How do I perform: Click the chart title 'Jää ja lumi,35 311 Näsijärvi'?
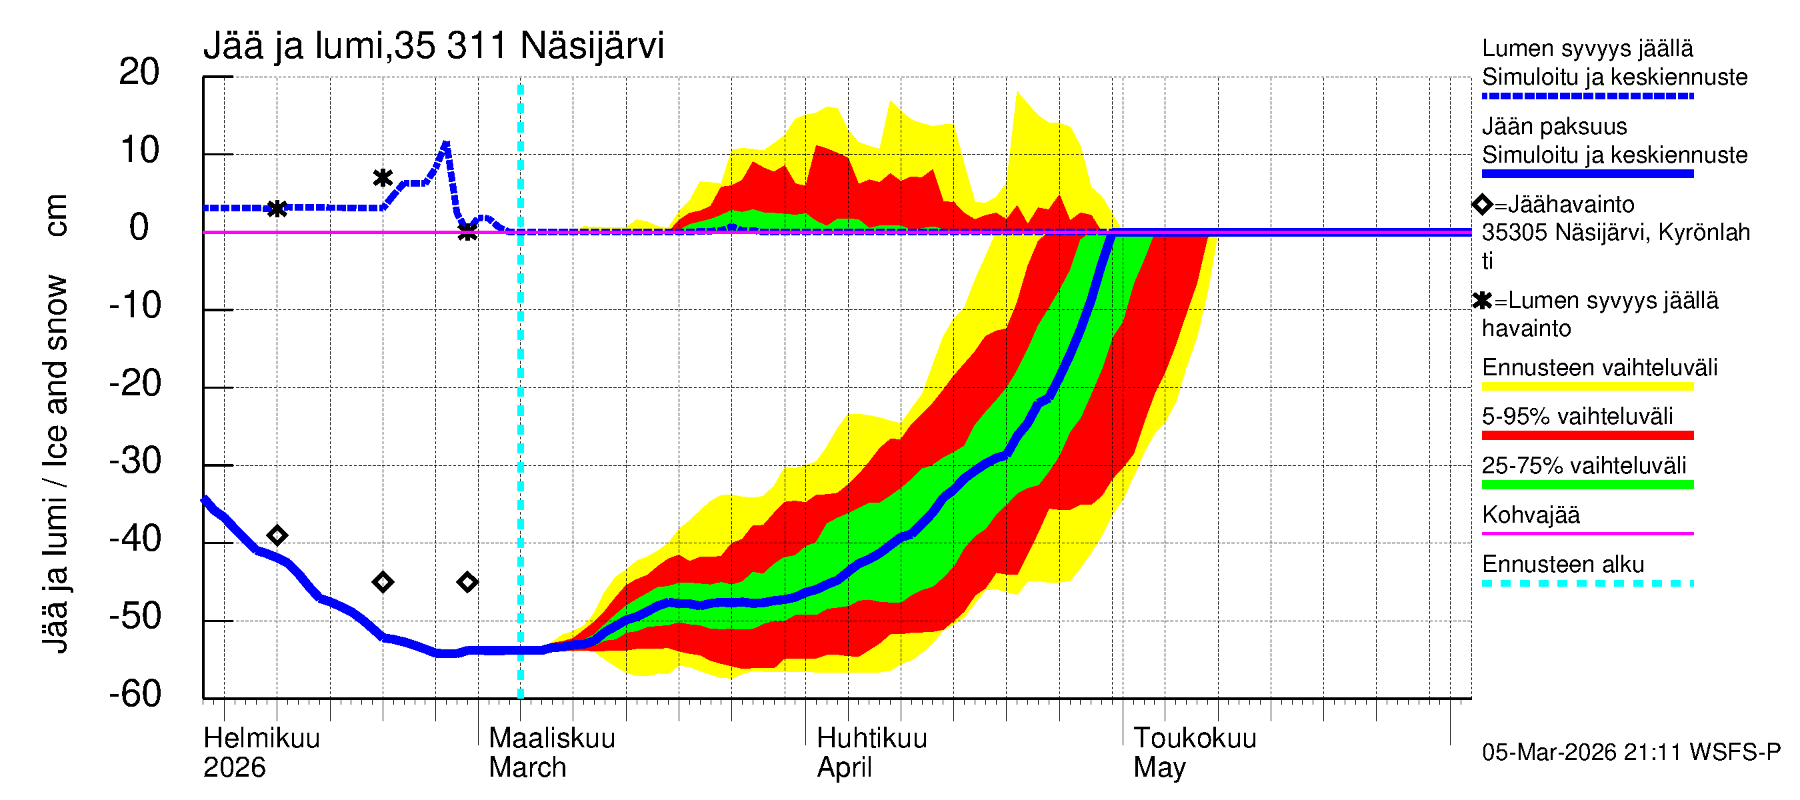tap(433, 46)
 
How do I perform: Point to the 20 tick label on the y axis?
tap(139, 72)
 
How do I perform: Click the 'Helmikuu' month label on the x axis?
tap(261, 738)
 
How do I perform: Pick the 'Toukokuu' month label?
tap(1194, 738)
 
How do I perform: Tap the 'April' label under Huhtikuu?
tap(844, 767)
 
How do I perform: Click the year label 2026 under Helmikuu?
tap(234, 767)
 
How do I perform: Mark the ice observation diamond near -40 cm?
tap(277, 536)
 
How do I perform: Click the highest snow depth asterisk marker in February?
tap(382, 177)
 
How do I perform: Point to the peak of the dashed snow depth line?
tap(446, 145)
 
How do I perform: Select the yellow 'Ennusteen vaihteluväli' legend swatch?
tap(1587, 387)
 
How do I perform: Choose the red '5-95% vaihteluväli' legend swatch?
tap(1587, 435)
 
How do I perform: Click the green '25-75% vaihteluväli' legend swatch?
tap(1587, 484)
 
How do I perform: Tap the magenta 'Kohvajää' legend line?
tap(1587, 534)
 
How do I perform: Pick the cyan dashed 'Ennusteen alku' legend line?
tap(1587, 583)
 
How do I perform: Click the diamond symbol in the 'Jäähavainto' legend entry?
tap(1482, 204)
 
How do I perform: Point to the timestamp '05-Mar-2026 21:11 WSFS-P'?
tap(1631, 752)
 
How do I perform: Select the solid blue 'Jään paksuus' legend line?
tap(1587, 173)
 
